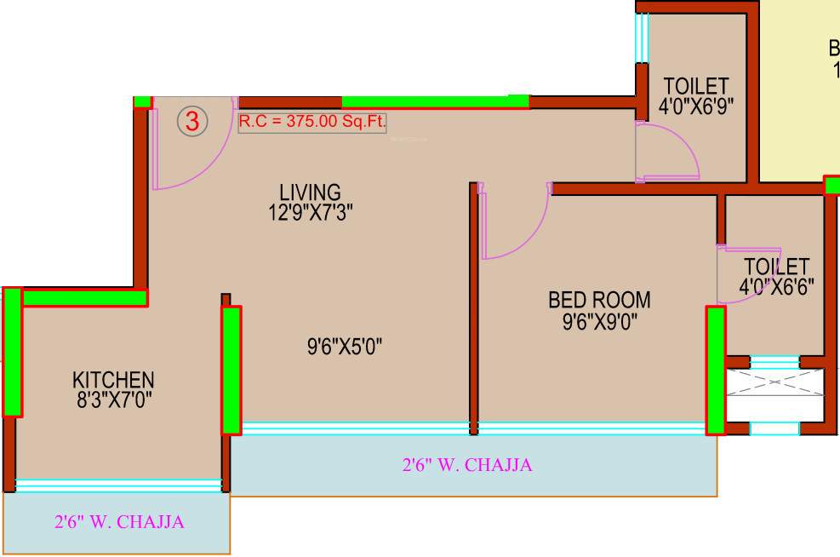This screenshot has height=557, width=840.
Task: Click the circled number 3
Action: click(x=193, y=122)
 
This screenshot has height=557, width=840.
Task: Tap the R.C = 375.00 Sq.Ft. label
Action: click(x=311, y=122)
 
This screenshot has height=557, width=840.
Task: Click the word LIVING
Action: click(x=310, y=192)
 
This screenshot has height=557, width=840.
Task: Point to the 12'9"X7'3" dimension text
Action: click(x=310, y=212)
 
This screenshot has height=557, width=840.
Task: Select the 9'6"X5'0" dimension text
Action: click(x=345, y=347)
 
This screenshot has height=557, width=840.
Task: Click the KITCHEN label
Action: click(x=113, y=379)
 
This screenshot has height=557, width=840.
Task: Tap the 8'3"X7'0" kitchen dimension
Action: click(x=113, y=399)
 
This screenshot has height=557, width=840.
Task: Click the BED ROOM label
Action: click(x=599, y=300)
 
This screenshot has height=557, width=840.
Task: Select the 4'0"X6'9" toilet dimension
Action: click(x=696, y=106)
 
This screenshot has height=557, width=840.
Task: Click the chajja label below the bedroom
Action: click(x=467, y=465)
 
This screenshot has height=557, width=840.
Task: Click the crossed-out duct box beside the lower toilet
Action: click(x=774, y=382)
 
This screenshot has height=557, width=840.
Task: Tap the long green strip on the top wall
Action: click(x=434, y=101)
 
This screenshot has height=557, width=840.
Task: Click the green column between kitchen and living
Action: click(x=231, y=370)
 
